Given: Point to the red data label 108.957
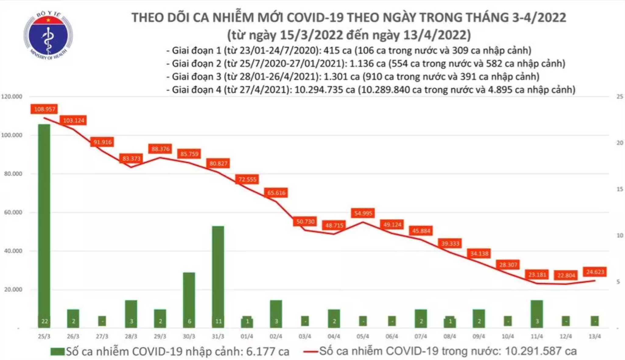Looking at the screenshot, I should (x=44, y=109).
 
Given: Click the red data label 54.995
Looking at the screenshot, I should (x=363, y=213).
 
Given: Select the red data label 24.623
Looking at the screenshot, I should (x=595, y=271).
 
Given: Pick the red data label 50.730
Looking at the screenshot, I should (x=305, y=221).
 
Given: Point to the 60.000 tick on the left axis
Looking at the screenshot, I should (x=13, y=212).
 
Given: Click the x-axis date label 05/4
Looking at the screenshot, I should (x=363, y=336).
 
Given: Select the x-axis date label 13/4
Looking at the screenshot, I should (x=595, y=336).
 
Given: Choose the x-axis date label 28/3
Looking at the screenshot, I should (x=131, y=336).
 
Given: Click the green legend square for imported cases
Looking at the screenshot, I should (x=58, y=352).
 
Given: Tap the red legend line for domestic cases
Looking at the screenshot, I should (x=311, y=352).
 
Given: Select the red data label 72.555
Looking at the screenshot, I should (x=247, y=179).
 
